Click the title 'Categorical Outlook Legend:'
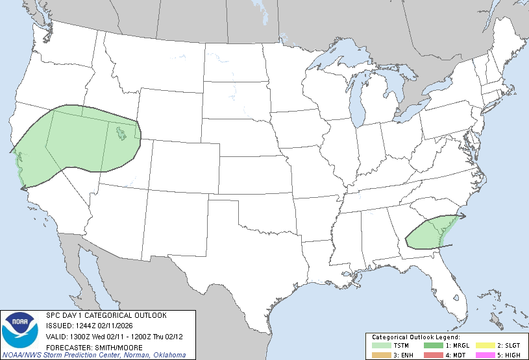(x=415, y=337)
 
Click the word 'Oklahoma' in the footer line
(x=169, y=355)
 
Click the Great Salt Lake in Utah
(x=121, y=134)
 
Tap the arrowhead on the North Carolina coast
(x=463, y=215)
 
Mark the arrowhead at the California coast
(x=23, y=188)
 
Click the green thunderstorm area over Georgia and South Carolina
(x=428, y=234)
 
